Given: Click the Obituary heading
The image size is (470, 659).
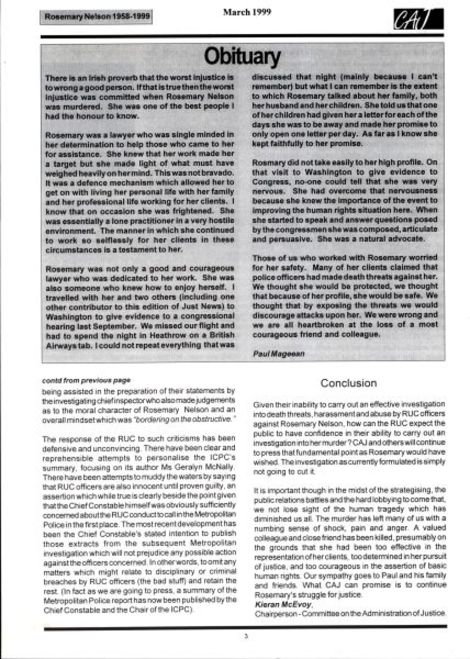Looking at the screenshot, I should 242,57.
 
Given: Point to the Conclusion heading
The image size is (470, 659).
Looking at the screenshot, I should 348,383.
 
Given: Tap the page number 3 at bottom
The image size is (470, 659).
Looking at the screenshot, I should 246,637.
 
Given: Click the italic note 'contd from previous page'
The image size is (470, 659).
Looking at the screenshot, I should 86,380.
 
